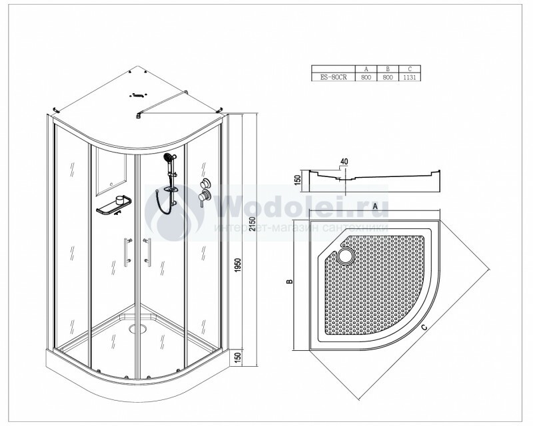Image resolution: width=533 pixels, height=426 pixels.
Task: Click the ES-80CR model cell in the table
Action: (333, 77)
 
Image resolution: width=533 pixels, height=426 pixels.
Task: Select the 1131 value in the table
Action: (409, 77)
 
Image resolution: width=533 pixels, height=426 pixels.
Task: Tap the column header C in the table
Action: (410, 69)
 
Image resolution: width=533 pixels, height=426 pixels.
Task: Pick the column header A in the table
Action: (366, 69)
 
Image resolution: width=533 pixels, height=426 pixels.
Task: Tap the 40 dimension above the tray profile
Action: (344, 161)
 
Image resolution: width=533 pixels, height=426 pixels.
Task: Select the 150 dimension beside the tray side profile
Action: (298, 178)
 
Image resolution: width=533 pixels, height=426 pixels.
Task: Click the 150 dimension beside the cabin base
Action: (238, 357)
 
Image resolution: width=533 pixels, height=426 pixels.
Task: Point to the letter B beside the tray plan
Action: (290, 282)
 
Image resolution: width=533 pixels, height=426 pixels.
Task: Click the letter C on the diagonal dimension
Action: (424, 327)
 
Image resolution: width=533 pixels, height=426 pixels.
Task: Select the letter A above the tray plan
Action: (375, 206)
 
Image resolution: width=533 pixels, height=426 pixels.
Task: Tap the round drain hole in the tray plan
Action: (346, 255)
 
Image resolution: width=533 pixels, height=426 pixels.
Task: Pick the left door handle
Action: (127, 252)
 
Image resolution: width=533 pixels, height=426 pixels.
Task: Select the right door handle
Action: (147, 252)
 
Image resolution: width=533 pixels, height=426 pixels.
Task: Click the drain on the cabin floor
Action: (138, 328)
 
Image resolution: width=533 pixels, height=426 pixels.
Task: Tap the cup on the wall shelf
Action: (120, 200)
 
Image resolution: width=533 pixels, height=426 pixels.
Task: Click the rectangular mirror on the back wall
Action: (111, 171)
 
